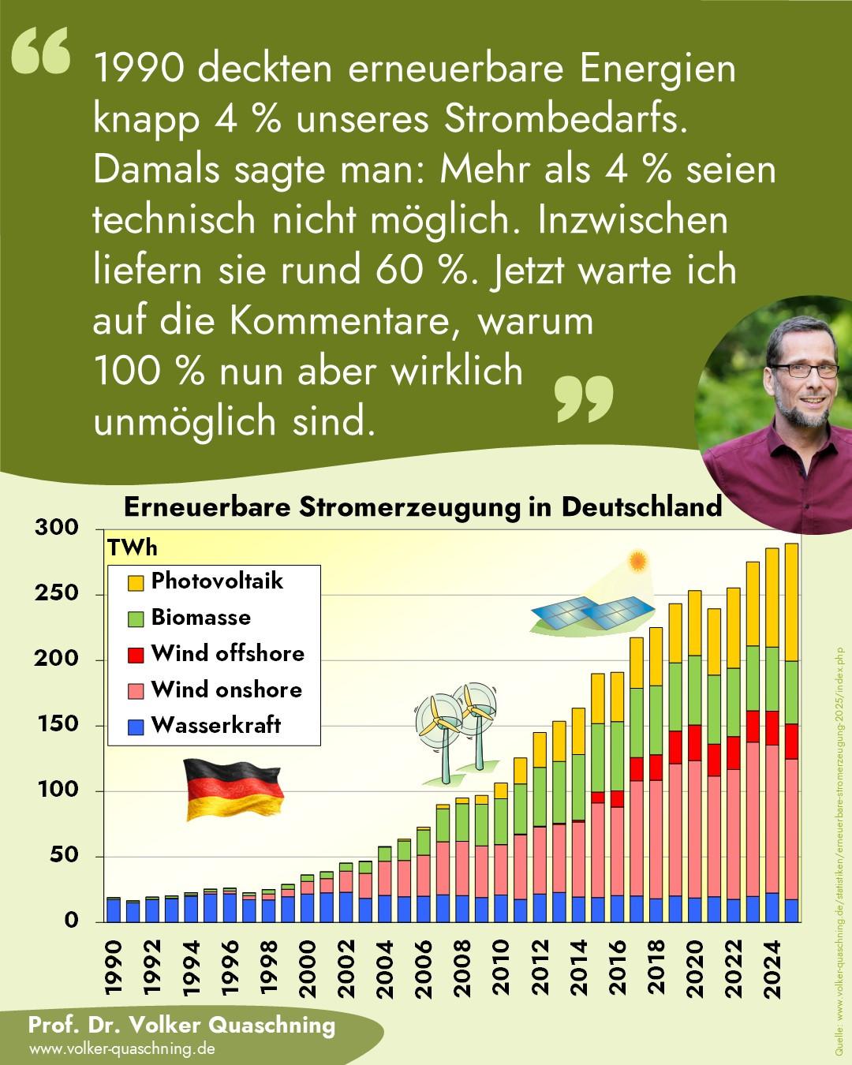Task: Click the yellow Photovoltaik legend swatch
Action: pos(135,583)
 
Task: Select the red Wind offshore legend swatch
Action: pos(135,655)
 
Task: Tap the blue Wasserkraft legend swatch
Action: pos(135,727)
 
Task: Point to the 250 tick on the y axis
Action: pos(57,593)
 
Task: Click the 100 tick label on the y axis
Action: pos(57,790)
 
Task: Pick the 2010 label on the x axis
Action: pos(500,970)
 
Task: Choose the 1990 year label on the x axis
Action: pos(114,970)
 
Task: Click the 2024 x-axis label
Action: pos(771,970)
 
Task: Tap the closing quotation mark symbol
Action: pos(584,398)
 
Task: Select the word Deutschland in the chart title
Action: pos(641,506)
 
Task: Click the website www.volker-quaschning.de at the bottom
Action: pos(121,1049)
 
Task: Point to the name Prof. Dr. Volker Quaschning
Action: pos(181,1026)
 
